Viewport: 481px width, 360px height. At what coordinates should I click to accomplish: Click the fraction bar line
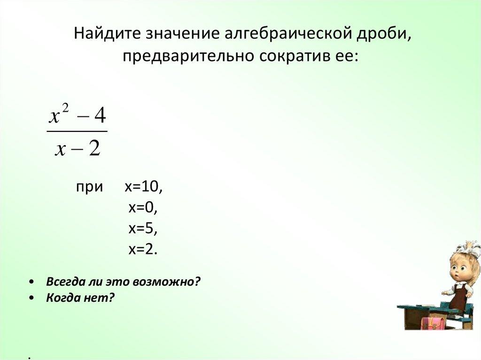pos(78,131)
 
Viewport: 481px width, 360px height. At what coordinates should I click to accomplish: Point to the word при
pos(89,187)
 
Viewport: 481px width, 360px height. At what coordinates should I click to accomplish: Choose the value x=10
pos(143,187)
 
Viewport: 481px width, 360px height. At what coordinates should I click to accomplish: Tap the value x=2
pos(142,249)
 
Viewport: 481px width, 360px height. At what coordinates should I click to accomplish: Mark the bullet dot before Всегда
pos(31,282)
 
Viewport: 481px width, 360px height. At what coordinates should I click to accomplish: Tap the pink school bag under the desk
pos(433,323)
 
